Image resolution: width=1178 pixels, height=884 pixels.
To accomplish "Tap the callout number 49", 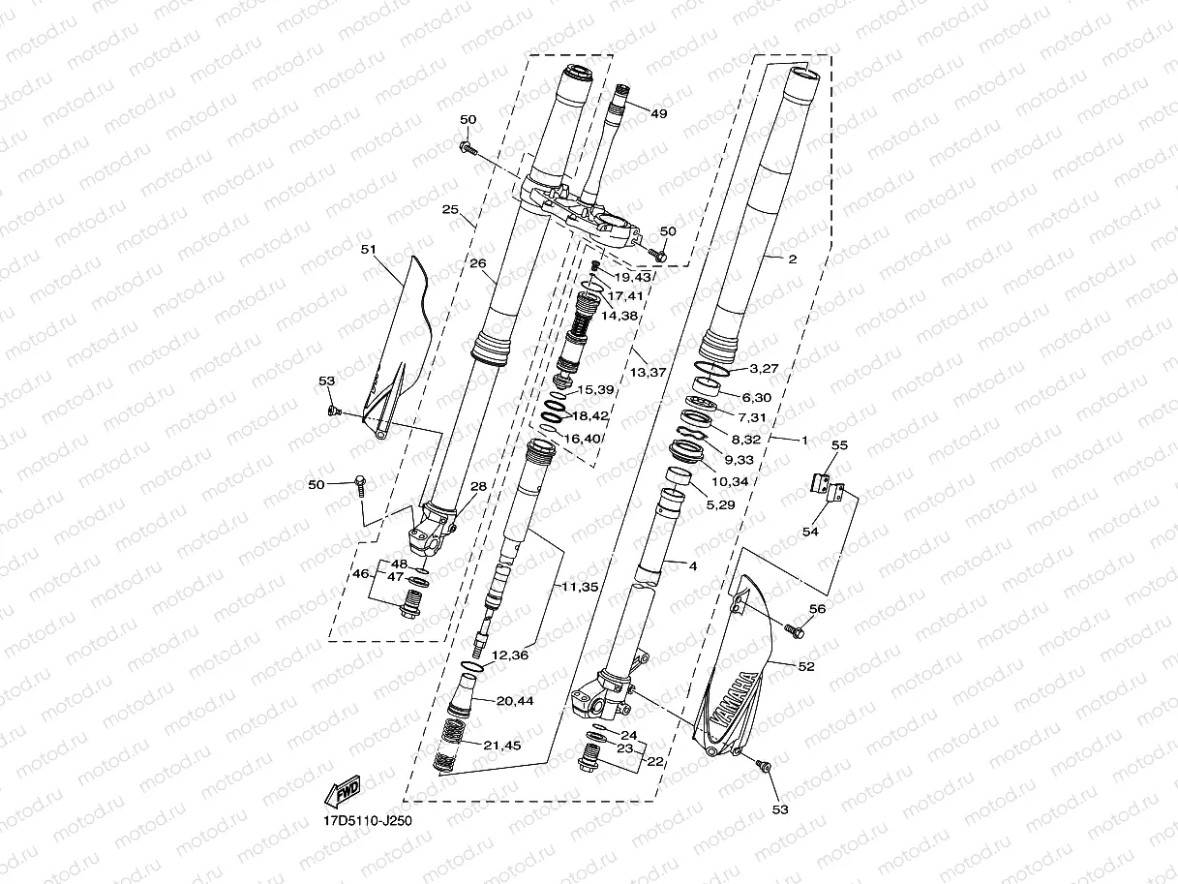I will [659, 114].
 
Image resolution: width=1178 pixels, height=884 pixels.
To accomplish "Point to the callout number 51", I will [368, 250].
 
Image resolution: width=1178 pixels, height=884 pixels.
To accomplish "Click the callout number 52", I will [805, 666].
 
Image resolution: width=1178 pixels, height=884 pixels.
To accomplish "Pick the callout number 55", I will [839, 445].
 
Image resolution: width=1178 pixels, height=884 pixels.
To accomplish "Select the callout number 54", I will [810, 532].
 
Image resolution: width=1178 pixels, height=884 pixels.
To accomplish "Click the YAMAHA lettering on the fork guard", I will [731, 697].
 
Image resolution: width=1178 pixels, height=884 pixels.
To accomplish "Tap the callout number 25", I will [449, 210].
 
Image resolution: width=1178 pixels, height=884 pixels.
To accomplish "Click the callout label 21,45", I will [502, 745].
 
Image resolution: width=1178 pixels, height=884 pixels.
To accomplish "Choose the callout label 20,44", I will [514, 700].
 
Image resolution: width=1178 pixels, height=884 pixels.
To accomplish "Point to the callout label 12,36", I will [510, 656].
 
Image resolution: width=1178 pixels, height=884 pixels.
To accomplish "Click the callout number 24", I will [629, 735].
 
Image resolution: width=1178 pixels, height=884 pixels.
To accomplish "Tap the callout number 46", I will [360, 575].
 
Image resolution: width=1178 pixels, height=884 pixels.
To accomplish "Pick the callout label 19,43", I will [633, 278].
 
